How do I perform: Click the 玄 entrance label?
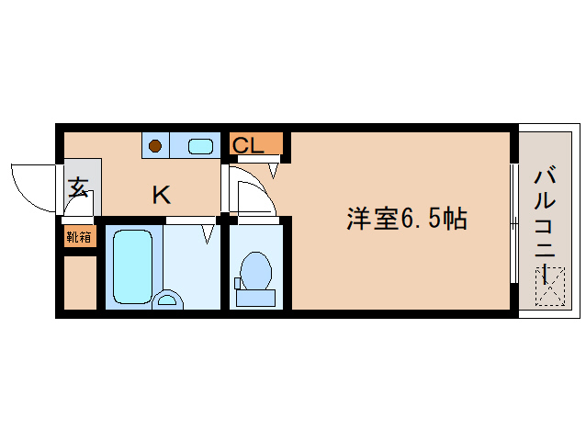click(78, 189)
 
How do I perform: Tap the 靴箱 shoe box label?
click(79, 236)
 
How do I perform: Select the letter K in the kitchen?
click(161, 195)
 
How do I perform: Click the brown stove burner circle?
click(156, 145)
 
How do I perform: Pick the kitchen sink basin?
click(200, 145)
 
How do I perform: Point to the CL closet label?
click(248, 145)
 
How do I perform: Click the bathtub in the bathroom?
click(131, 266)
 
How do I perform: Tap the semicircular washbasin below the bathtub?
click(168, 299)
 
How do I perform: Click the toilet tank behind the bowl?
click(254, 297)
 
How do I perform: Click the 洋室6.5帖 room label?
click(407, 219)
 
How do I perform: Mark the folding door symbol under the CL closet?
click(273, 168)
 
